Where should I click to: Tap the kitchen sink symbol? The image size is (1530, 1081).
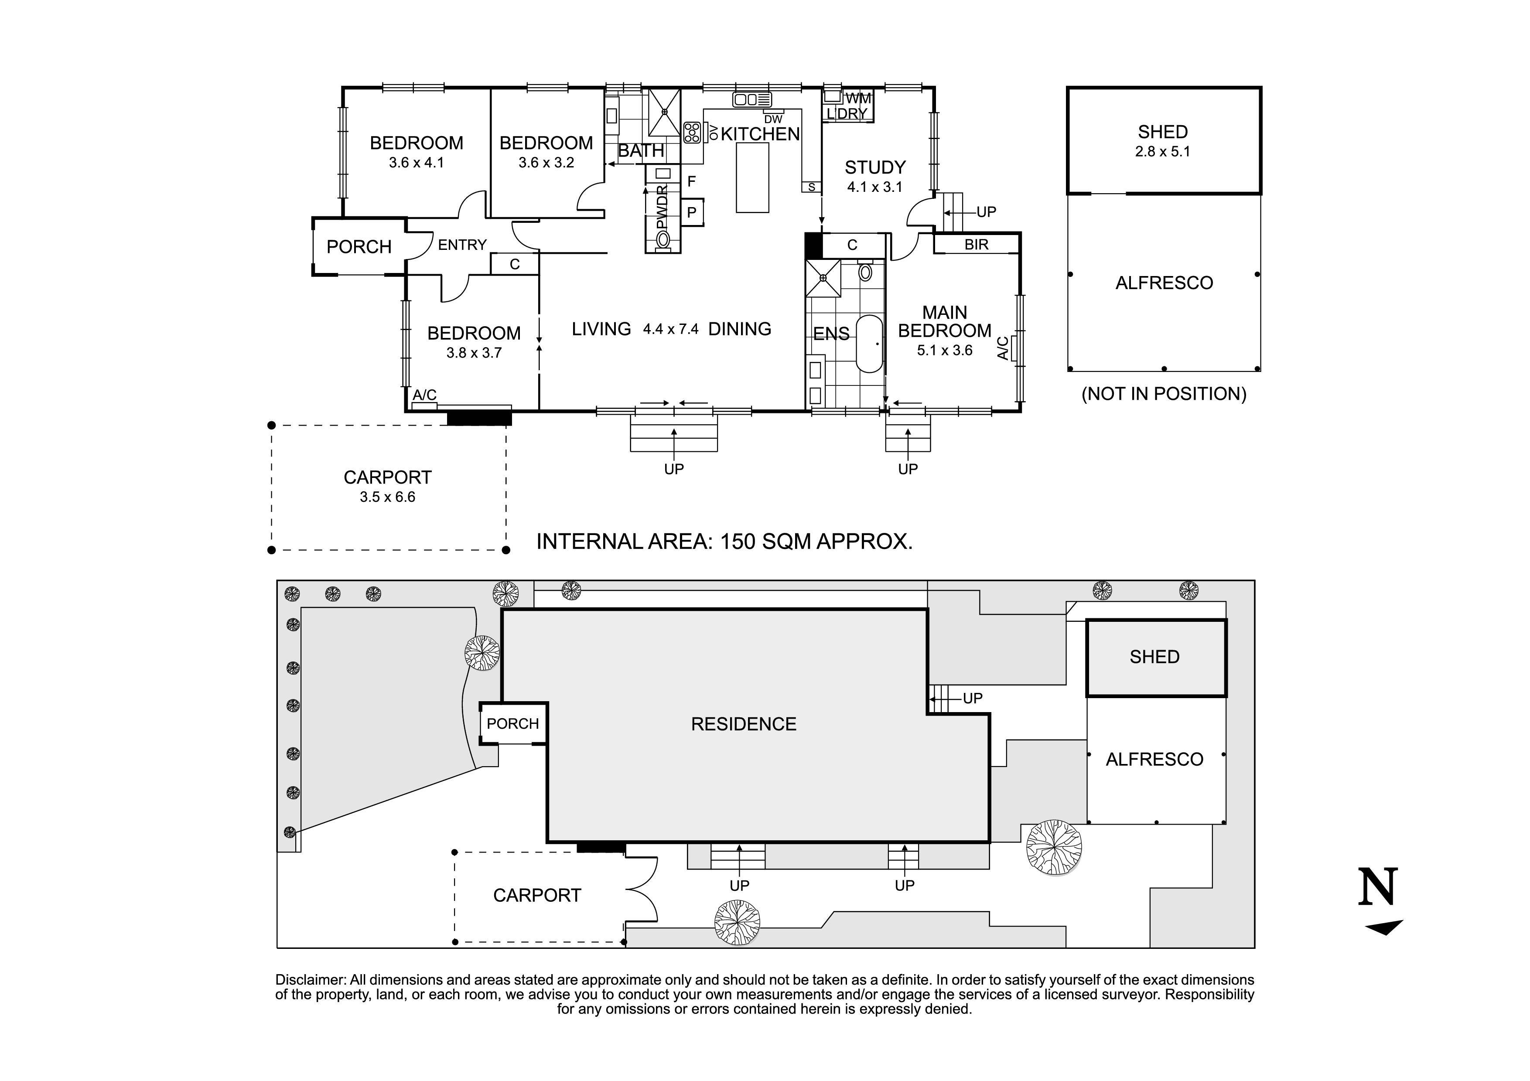pyautogui.click(x=751, y=100)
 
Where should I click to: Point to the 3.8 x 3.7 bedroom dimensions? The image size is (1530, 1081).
pyautogui.click(x=474, y=353)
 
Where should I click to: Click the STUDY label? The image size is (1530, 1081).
pyautogui.click(x=875, y=167)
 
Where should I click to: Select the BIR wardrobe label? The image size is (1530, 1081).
pyautogui.click(x=976, y=245)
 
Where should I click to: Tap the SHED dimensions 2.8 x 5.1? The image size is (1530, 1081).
pyautogui.click(x=1163, y=152)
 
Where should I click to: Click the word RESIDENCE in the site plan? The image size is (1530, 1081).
pyautogui.click(x=743, y=725)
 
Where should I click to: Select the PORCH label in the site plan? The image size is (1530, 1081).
pyautogui.click(x=512, y=724)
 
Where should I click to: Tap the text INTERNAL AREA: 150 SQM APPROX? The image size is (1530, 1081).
pyautogui.click(x=724, y=542)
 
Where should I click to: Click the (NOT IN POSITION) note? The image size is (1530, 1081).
pyautogui.click(x=1164, y=394)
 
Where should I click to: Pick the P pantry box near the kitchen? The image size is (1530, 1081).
pyautogui.click(x=692, y=212)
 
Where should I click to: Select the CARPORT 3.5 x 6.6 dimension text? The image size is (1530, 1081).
pyautogui.click(x=387, y=497)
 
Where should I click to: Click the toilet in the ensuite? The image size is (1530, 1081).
pyautogui.click(x=866, y=272)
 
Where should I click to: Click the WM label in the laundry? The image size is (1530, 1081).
pyautogui.click(x=858, y=99)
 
